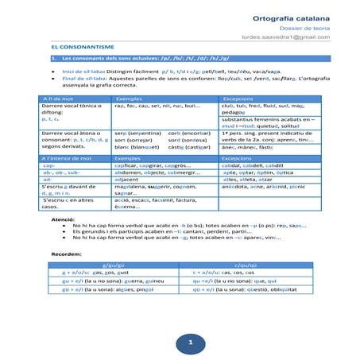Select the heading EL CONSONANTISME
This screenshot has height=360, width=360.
point(69,48)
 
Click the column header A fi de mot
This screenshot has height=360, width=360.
point(56,97)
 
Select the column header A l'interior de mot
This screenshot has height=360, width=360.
point(65,158)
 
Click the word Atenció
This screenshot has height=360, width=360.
point(64,218)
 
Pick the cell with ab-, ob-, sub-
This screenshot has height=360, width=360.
point(60,172)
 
